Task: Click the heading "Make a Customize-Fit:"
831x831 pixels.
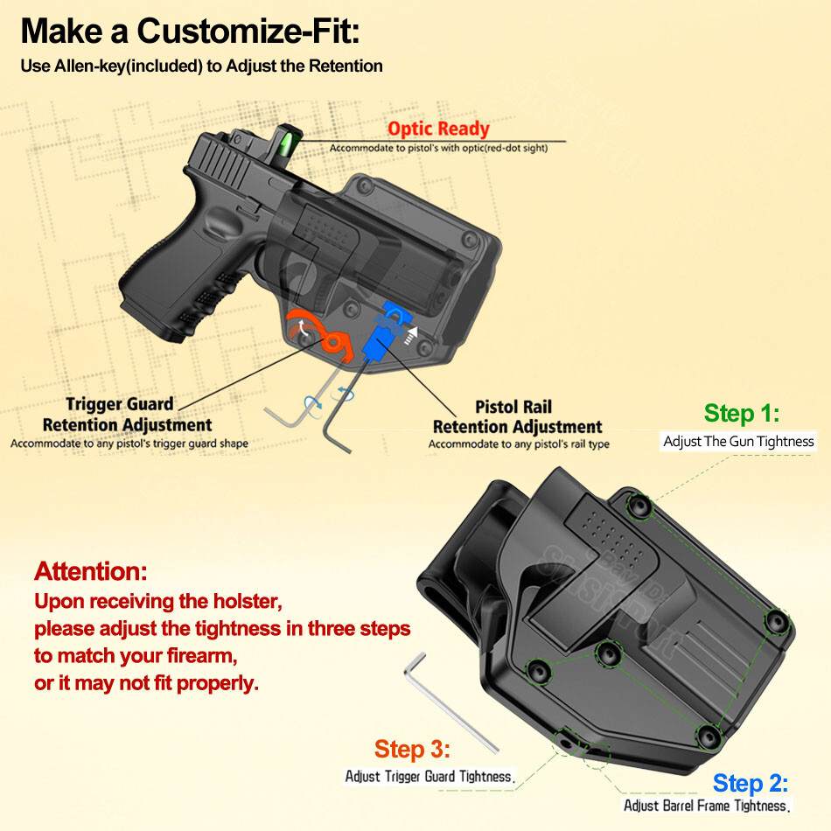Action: click(190, 31)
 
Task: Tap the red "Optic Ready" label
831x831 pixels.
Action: click(438, 129)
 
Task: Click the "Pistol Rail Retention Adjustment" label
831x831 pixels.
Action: click(517, 417)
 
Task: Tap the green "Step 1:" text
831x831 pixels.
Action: click(741, 413)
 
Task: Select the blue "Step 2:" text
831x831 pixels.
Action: click(751, 782)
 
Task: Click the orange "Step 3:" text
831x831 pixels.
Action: click(412, 749)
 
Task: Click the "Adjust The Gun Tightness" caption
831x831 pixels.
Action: click(738, 442)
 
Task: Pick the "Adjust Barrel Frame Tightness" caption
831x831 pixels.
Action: click(707, 806)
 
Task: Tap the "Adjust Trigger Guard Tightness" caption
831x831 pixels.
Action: click(429, 776)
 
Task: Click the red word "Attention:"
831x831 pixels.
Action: click(90, 572)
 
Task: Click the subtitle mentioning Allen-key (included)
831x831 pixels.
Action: click(201, 66)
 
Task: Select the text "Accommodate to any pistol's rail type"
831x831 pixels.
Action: click(519, 444)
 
